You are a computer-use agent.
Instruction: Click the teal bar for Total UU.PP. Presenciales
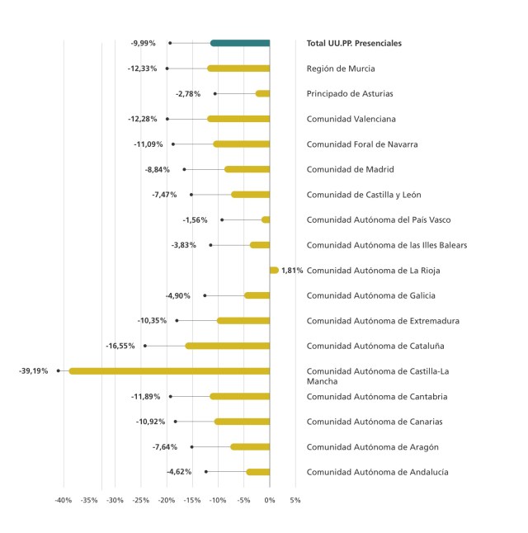tap(240, 43)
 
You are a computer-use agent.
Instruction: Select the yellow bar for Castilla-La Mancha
tap(169, 371)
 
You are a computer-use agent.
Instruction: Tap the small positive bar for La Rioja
tap(274, 270)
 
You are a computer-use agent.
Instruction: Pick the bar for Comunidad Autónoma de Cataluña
tap(228, 346)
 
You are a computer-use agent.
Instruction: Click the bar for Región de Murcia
tap(238, 68)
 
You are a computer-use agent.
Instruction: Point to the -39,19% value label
tap(34, 371)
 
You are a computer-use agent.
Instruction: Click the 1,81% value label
tap(292, 271)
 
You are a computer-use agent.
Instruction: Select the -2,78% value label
tap(189, 94)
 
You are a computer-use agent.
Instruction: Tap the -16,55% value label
tap(120, 346)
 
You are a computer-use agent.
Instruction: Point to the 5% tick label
tap(295, 500)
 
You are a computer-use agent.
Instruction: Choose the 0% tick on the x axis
tap(270, 500)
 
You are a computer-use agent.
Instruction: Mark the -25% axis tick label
tap(141, 500)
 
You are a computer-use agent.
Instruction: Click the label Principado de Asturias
tap(350, 94)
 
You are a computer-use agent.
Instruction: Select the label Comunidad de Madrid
tap(350, 169)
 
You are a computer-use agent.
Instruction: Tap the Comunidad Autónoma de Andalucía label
tap(377, 472)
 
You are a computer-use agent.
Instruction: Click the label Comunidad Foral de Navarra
tap(361, 144)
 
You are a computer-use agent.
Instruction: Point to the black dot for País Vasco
tap(222, 219)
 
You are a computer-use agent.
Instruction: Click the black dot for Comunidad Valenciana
tap(167, 119)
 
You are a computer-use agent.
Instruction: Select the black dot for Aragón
tap(192, 447)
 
